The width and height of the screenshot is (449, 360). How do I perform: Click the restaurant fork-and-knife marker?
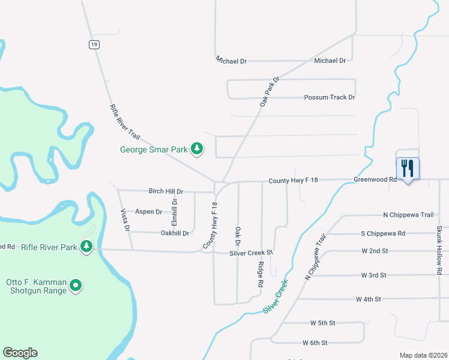[x=408, y=168]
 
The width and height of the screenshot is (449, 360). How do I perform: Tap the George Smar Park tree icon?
[x=196, y=148]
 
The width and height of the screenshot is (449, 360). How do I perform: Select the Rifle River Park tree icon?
[x=86, y=247]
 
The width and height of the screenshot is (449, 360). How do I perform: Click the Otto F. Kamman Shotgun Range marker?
[x=76, y=286]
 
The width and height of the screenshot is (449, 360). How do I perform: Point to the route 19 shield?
[x=94, y=44]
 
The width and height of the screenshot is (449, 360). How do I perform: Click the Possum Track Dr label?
[x=330, y=97]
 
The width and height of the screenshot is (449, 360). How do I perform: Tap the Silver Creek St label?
[x=251, y=253]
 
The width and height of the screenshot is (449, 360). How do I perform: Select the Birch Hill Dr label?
[x=166, y=191]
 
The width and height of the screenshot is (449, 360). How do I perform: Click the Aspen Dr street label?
[x=148, y=212]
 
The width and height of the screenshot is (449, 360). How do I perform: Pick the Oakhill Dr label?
[x=175, y=233]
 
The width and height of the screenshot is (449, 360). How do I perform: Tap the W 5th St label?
[x=322, y=323]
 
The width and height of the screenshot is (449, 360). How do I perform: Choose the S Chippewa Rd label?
[x=383, y=233]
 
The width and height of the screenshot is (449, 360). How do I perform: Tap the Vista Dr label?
[x=125, y=220]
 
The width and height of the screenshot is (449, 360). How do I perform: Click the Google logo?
[x=20, y=353]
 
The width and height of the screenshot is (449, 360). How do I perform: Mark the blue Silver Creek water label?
[x=276, y=296]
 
